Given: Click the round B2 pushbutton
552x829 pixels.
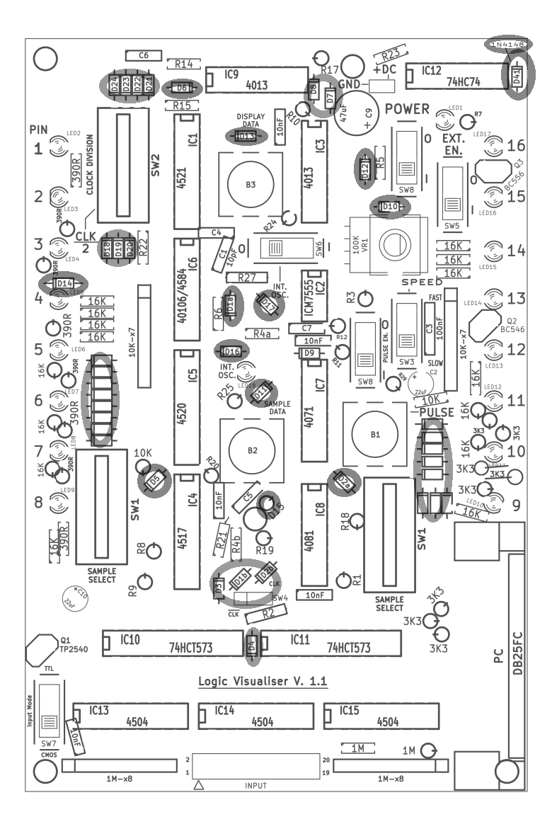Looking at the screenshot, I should pyautogui.click(x=252, y=450).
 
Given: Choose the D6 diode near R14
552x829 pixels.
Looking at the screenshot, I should pyautogui.click(x=182, y=88).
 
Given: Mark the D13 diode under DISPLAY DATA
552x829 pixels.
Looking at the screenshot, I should pyautogui.click(x=246, y=136).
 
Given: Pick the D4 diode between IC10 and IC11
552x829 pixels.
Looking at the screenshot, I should pyautogui.click(x=253, y=644).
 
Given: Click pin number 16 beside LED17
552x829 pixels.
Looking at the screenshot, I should pyautogui.click(x=516, y=146).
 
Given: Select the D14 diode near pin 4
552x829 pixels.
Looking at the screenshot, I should pyautogui.click(x=65, y=283).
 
